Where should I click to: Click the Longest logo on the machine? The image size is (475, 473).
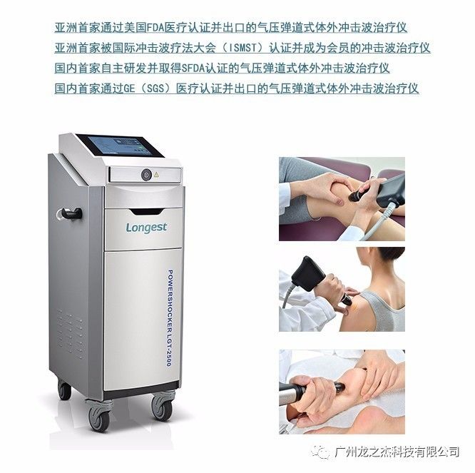tap(146, 228)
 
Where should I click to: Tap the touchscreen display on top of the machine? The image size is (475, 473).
tap(120, 146)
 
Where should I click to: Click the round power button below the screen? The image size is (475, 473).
tap(146, 175)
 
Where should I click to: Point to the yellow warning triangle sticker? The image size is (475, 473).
tap(156, 175)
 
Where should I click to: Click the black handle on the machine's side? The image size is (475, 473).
tap(71, 213)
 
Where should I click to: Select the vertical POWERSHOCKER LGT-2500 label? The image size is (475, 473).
tap(170, 318)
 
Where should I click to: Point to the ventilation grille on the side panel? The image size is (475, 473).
tap(71, 333)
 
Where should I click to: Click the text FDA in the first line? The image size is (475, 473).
tap(155, 28)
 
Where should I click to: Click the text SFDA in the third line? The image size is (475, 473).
tap(193, 68)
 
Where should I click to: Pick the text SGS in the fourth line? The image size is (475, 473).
tap(155, 88)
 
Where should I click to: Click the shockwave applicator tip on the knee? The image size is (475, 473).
tap(354, 196)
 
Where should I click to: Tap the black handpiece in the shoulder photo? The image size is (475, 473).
tap(310, 274)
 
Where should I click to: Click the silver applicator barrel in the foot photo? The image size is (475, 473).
tap(290, 394)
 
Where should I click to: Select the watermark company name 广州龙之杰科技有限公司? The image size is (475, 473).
tap(397, 452)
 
